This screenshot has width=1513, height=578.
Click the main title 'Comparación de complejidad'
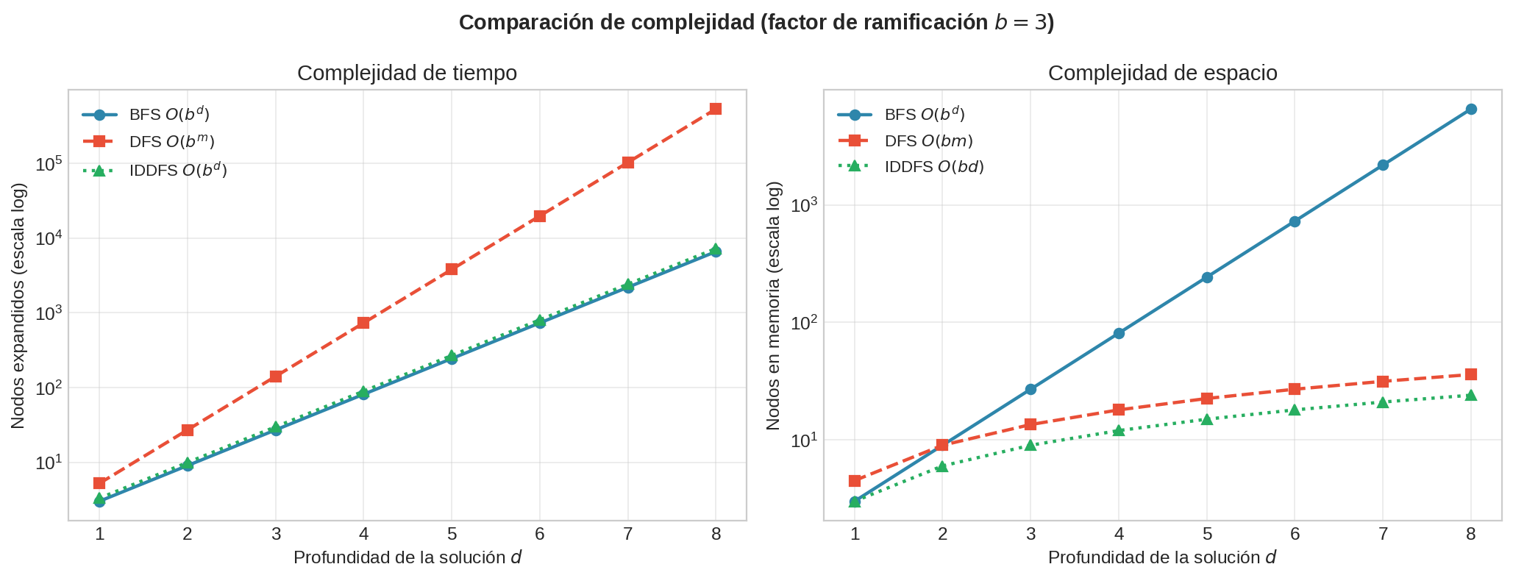[756, 23]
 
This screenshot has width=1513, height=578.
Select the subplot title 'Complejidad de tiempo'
[407, 74]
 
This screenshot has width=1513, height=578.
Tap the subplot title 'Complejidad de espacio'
[1162, 74]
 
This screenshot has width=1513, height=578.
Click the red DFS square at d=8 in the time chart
[716, 109]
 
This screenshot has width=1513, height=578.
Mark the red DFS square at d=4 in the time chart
[363, 323]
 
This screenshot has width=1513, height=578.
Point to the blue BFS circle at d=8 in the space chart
[1471, 109]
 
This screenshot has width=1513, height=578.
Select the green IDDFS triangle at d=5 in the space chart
[1207, 420]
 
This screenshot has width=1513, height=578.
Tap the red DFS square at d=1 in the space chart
[855, 481]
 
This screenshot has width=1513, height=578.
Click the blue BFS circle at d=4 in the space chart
[1119, 333]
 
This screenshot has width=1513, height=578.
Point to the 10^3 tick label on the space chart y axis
[803, 205]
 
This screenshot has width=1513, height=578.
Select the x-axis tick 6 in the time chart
[540, 535]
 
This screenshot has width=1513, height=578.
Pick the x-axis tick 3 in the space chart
[1030, 535]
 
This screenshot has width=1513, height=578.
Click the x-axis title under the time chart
[407, 558]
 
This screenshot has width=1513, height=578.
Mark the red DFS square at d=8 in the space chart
[1471, 374]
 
